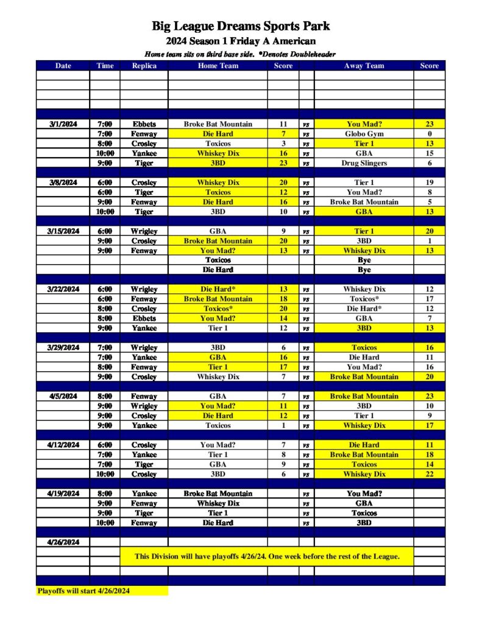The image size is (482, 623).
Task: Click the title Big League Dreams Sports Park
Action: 241,26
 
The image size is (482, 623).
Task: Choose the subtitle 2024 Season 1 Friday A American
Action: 241,41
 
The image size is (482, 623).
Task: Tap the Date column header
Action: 63,66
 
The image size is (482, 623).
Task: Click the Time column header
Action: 104,66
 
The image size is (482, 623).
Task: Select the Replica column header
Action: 144,66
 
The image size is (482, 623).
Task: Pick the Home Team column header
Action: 218,66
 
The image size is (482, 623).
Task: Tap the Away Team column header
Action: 364,66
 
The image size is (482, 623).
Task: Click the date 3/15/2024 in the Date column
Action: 63,231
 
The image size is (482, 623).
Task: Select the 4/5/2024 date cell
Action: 63,396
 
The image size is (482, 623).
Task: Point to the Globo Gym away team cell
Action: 364,134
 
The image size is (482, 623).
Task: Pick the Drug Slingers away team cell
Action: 364,163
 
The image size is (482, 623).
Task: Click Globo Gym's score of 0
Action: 429,134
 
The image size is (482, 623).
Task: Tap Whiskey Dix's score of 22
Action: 429,474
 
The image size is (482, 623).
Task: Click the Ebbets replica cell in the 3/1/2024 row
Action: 144,124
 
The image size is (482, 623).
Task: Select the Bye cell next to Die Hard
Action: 364,270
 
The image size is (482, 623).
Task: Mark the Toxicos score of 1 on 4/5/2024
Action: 283,425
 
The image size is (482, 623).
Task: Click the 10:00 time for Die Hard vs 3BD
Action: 104,523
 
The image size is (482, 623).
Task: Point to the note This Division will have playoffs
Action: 267,556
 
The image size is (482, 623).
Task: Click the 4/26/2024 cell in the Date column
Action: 63,541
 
